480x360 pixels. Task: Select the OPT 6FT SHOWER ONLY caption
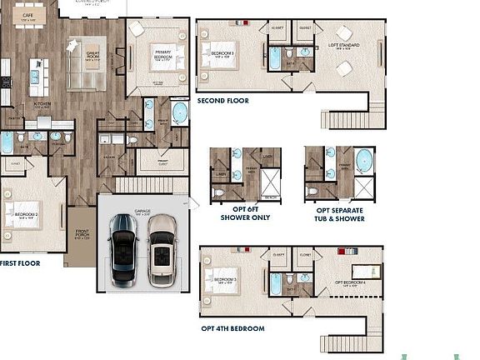coord(244,212)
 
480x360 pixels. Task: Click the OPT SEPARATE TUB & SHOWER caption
coord(339,212)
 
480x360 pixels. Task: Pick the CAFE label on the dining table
coord(27,16)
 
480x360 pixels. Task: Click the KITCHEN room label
coord(42,106)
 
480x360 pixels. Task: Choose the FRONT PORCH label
coord(82,236)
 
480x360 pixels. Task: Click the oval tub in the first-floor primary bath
coord(179,112)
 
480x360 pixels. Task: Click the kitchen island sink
coord(36,76)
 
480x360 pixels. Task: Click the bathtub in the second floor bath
coord(274,60)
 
